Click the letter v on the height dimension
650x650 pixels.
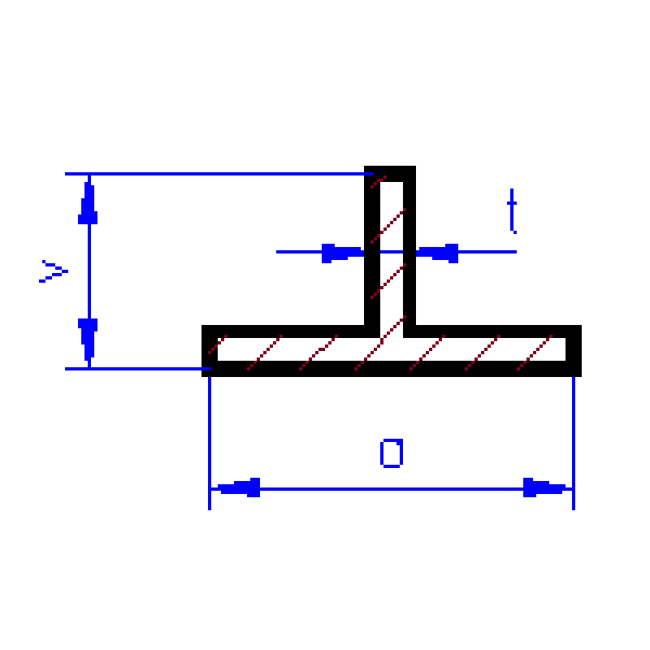click(52, 271)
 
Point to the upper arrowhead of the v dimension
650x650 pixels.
click(88, 205)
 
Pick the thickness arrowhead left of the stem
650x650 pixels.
click(341, 253)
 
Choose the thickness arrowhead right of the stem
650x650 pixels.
click(439, 253)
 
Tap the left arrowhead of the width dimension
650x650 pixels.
click(239, 487)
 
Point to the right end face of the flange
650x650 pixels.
click(574, 350)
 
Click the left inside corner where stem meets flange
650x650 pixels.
click(368, 328)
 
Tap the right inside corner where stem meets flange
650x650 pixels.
click(411, 328)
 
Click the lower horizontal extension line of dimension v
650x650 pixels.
click(134, 368)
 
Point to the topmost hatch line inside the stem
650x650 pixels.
click(378, 180)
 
